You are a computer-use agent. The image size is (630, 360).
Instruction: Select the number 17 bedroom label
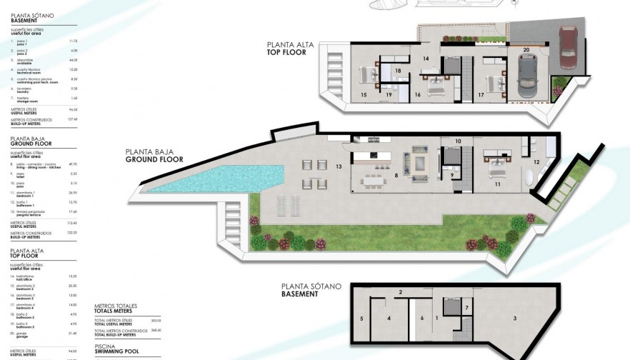(x=481, y=94)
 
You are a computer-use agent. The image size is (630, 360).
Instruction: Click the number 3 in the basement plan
(x=514, y=318)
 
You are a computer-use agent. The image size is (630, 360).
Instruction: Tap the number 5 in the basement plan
(x=362, y=318)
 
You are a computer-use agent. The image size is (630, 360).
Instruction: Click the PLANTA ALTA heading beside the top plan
(x=289, y=44)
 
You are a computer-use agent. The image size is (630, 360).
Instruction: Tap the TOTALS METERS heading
(x=114, y=311)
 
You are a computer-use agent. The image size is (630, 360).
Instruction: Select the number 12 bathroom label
(x=536, y=163)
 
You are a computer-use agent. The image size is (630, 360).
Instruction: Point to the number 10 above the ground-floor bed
(x=458, y=141)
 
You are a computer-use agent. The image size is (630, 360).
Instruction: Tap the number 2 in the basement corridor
(x=401, y=292)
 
